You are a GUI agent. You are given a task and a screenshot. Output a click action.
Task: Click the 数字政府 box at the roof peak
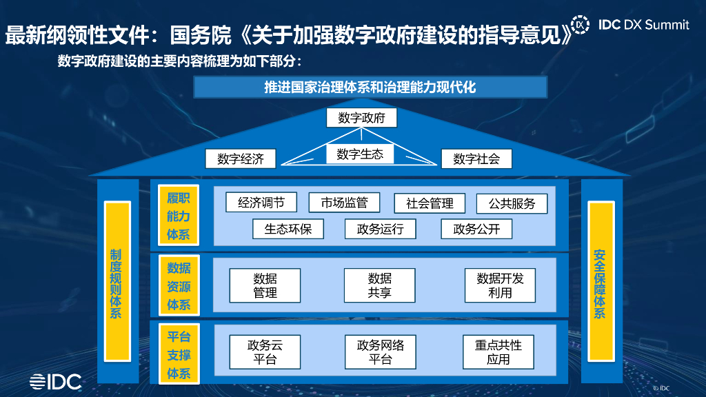[x=362, y=118]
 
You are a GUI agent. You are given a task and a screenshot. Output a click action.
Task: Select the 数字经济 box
[x=241, y=159]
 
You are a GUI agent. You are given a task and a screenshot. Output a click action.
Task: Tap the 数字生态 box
[x=360, y=154]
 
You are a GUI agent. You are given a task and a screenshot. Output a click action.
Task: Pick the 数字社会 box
[x=476, y=159]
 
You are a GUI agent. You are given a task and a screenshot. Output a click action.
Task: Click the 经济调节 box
[x=261, y=202]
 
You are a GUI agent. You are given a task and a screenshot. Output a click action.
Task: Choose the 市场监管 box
[x=344, y=202]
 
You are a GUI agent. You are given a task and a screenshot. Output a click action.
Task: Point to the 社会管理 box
[x=430, y=203]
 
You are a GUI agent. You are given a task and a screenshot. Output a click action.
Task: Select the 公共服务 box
[x=512, y=203]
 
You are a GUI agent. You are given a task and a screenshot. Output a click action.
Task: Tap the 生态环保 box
[x=288, y=229]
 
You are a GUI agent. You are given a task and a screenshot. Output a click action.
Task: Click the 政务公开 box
[x=476, y=229]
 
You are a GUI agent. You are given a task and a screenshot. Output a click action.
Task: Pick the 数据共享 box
[x=379, y=285]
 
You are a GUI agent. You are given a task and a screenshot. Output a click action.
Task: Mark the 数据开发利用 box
[x=500, y=285]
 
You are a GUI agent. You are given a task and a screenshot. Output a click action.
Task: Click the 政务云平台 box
[x=265, y=352]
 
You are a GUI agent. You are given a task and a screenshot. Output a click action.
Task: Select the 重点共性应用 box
[x=498, y=352]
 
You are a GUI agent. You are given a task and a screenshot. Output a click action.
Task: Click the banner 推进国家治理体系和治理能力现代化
[x=370, y=88]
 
